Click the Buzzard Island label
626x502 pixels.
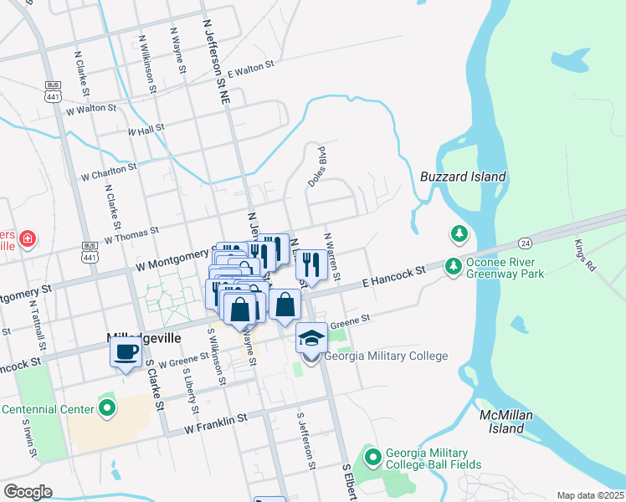click(x=463, y=177)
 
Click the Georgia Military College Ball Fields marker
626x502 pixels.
click(x=372, y=457)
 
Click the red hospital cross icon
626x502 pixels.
click(x=28, y=239)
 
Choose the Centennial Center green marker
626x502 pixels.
click(x=106, y=408)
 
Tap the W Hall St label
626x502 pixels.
click(x=146, y=131)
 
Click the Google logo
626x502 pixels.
click(x=28, y=491)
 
